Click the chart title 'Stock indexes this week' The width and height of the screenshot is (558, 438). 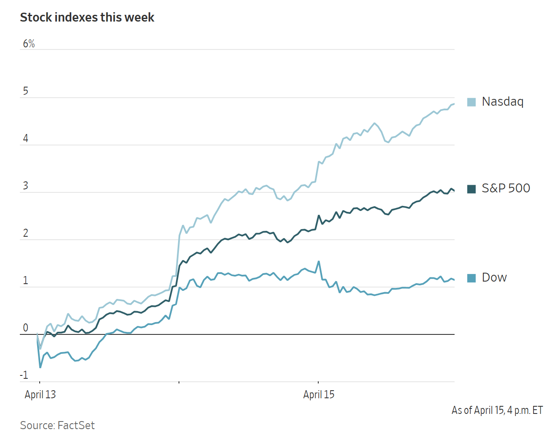(x=87, y=17)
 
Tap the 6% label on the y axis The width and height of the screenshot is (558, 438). (x=29, y=44)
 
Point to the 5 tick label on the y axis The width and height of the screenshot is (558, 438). (x=26, y=91)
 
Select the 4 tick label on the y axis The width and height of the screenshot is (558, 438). (x=26, y=138)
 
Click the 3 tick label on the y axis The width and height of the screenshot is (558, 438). (x=26, y=186)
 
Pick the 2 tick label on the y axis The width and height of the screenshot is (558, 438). (x=26, y=233)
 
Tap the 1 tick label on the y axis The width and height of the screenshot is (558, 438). (x=26, y=280)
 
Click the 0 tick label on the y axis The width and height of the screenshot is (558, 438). (x=26, y=328)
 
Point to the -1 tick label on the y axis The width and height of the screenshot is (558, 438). (x=24, y=375)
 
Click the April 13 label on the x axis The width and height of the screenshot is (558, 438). (x=40, y=394)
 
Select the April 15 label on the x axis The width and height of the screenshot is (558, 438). (x=319, y=394)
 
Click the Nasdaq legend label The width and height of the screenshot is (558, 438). (x=502, y=101)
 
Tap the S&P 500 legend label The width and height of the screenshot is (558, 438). (x=506, y=188)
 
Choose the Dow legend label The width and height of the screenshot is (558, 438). (x=494, y=277)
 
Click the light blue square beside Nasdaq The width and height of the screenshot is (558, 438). (x=471, y=102)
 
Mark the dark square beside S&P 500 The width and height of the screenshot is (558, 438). (x=471, y=189)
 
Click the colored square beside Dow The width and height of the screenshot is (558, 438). (x=471, y=278)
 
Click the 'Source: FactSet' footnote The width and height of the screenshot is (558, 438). (x=57, y=425)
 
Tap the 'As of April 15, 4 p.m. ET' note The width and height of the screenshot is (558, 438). (x=497, y=410)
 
